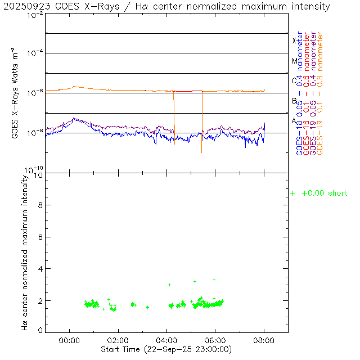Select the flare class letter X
click(294, 40)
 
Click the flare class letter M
click(294, 61)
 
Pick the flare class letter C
click(294, 80)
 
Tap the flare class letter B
click(294, 101)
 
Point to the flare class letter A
click(294, 120)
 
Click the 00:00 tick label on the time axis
click(69, 340)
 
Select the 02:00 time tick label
click(118, 340)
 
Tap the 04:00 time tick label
click(166, 340)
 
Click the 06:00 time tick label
click(215, 340)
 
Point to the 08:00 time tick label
click(264, 340)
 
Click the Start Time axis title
click(166, 349)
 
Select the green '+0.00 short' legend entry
click(319, 193)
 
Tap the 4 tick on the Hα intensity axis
click(40, 269)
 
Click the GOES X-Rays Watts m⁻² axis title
click(16, 93)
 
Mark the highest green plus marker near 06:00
click(214, 280)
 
